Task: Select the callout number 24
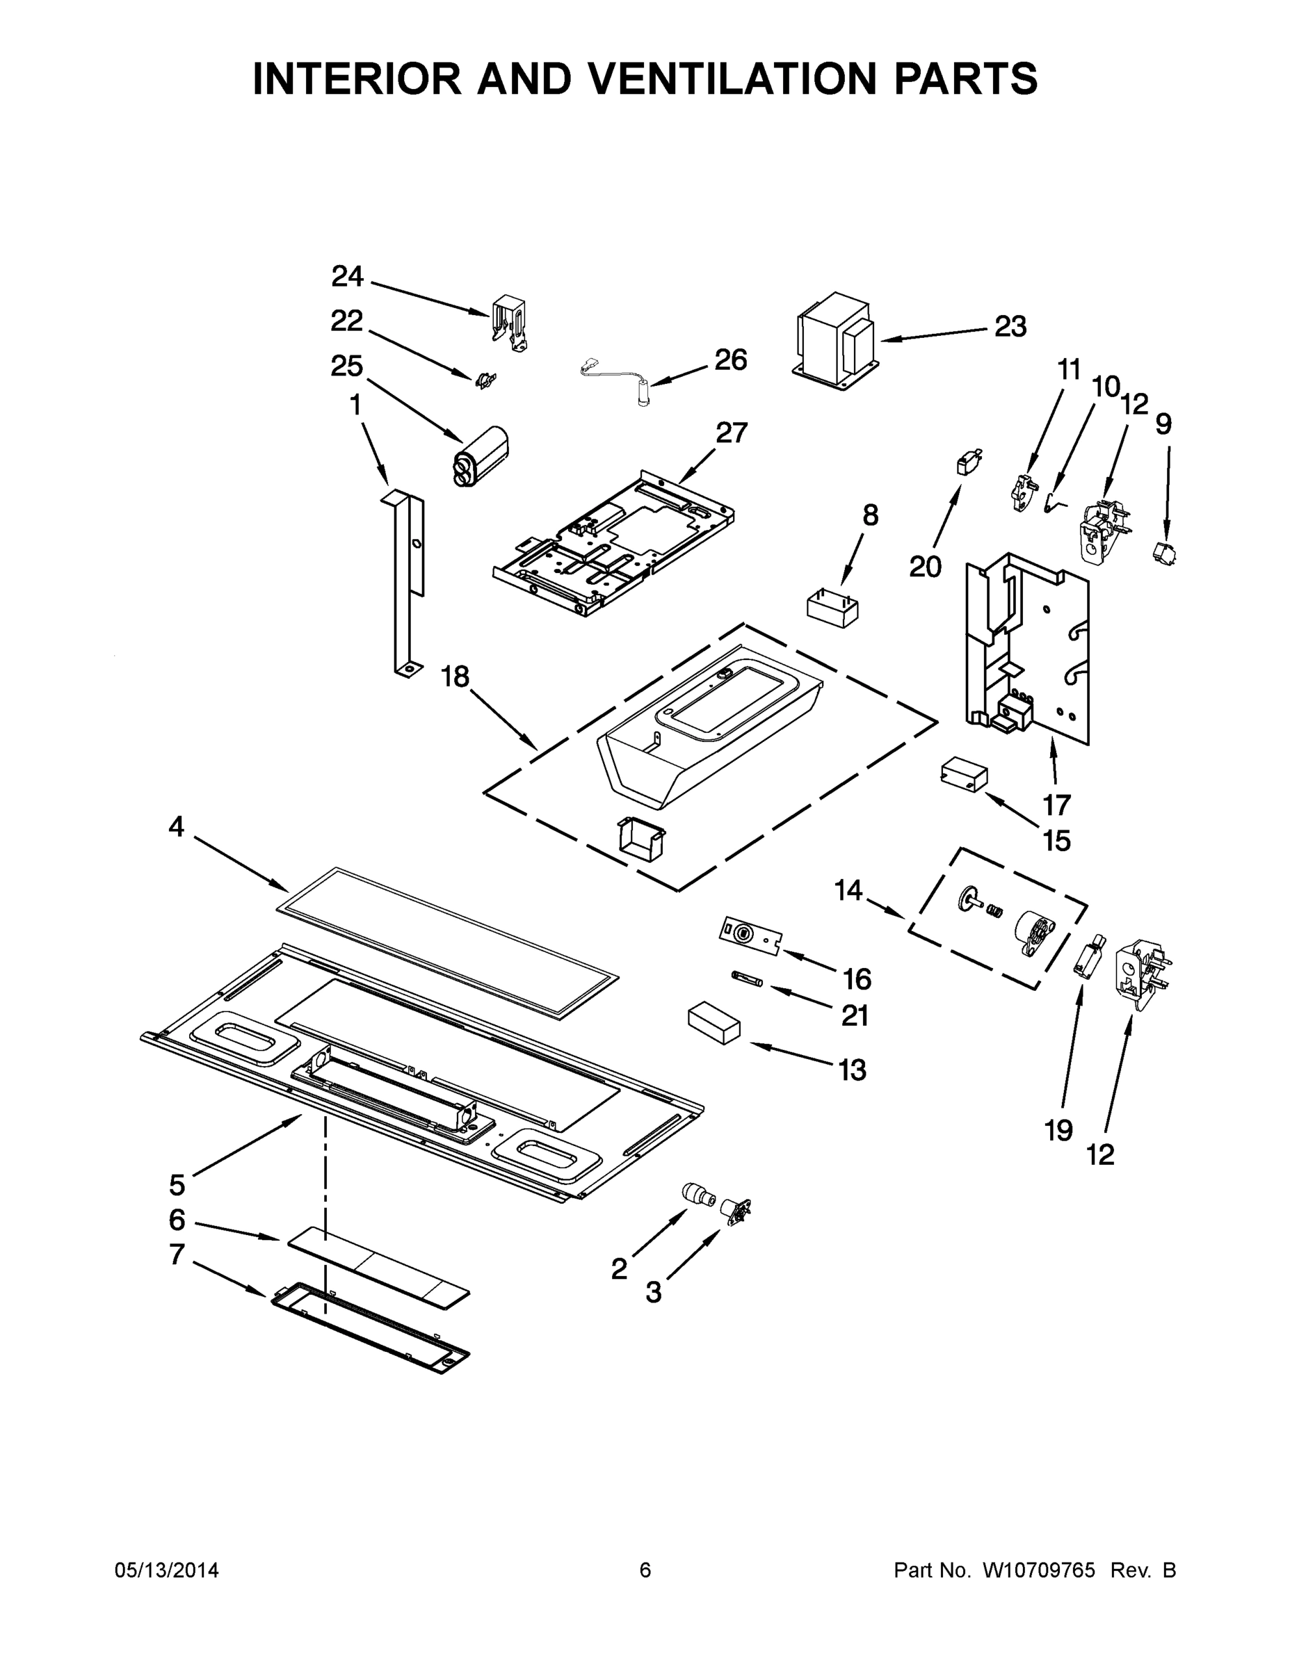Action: (x=347, y=277)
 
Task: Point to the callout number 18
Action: (x=455, y=677)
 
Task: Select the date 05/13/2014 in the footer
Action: (x=167, y=1570)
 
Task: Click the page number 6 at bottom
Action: (x=645, y=1570)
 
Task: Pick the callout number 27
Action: (x=731, y=433)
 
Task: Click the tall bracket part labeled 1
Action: (x=408, y=581)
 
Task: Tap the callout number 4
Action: (x=177, y=826)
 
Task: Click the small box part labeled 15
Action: (x=963, y=774)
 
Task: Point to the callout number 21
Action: (x=855, y=1015)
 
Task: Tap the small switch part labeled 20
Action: (x=968, y=462)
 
